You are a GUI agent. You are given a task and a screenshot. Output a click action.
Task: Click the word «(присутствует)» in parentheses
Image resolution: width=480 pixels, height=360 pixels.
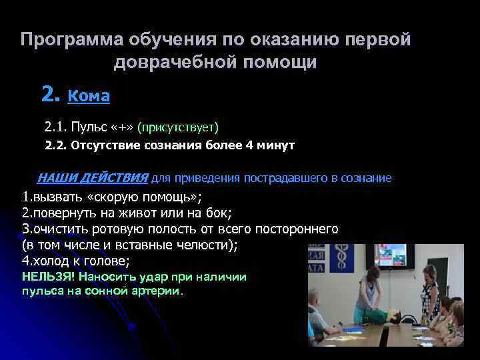pos(178,127)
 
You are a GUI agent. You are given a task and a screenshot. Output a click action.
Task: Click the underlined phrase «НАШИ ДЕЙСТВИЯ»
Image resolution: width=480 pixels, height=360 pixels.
pos(92,179)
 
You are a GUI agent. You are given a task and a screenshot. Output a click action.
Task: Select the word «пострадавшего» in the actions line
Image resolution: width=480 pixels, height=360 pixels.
pos(286,179)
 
